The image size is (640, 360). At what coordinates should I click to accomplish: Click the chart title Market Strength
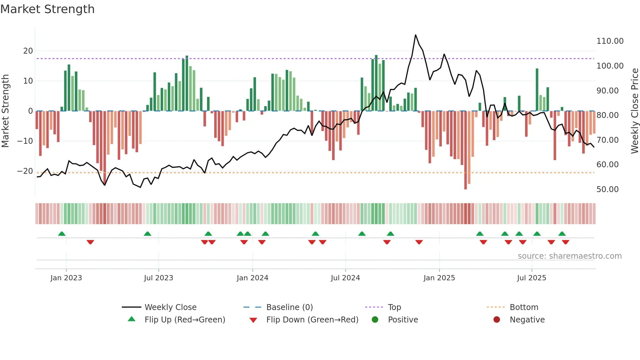pos(48,9)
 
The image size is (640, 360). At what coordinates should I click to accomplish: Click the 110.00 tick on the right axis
pos(610,41)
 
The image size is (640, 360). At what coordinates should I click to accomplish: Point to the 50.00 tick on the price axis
pos(607,189)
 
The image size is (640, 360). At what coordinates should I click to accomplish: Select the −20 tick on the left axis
pos(25,171)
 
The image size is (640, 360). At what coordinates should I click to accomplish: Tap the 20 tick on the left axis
pos(28,51)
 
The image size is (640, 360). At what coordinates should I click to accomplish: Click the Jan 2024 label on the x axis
pos(252,278)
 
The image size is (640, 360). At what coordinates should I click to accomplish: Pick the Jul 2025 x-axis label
pos(531,278)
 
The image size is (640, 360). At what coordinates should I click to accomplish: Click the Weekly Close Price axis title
pos(634,111)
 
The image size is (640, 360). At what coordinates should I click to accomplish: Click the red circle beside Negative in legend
pos(497,320)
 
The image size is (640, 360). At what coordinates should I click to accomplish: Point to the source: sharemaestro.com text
pos(569,256)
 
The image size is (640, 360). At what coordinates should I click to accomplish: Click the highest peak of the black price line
pos(415,35)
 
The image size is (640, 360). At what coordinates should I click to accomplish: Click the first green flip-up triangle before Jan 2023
pos(62,234)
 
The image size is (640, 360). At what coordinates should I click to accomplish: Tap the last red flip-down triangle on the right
pos(566,242)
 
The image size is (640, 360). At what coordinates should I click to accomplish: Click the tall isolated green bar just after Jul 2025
pos(537,90)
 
